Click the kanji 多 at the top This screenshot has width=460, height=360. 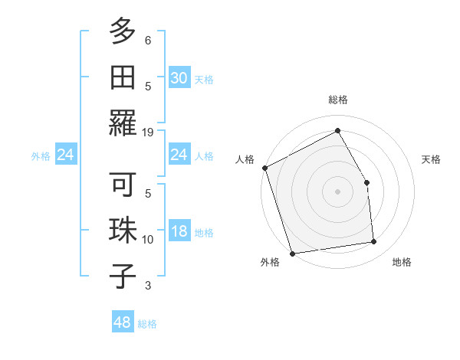coord(123,32)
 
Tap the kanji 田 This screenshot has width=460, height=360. coord(123,77)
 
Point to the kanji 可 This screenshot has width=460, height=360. coord(123,186)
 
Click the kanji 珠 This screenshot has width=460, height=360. coord(123,231)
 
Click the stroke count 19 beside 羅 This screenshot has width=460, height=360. coord(148,133)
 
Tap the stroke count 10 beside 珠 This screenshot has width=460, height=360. coord(148,240)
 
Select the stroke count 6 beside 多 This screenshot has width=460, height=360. coord(148,40)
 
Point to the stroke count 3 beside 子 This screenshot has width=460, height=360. coord(148,286)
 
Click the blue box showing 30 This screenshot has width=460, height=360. coord(179,78)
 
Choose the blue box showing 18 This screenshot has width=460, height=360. coord(179,231)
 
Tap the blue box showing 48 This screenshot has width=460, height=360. coord(123,322)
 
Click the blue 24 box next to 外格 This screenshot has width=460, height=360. coord(66,155)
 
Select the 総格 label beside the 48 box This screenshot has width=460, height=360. coord(147,324)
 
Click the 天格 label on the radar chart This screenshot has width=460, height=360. coord(431,159)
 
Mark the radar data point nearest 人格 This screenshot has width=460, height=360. coord(264,168)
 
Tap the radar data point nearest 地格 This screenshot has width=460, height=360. coord(374,242)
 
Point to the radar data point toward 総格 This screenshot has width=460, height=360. coord(337,131)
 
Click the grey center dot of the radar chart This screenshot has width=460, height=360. coord(337,191)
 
